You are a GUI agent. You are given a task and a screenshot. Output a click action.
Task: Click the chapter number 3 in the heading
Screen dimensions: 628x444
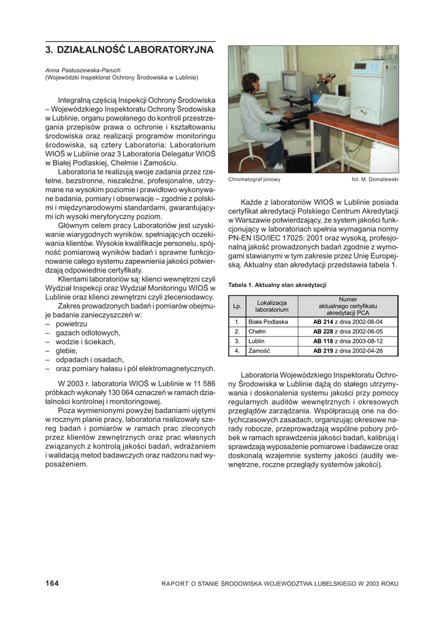48,50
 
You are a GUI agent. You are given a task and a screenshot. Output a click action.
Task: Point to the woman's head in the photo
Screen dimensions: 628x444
251,82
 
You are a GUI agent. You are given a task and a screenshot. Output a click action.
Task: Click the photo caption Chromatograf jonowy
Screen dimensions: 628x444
254,180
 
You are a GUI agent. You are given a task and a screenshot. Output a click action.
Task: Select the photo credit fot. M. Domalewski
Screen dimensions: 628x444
375,180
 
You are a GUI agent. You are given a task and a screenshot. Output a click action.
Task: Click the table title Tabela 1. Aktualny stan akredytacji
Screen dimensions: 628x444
277,285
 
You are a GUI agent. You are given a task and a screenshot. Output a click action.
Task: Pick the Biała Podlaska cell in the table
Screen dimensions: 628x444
268,321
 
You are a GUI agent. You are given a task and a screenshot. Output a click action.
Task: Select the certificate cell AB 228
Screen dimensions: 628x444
323,331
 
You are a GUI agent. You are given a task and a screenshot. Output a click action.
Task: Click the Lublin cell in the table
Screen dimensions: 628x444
257,341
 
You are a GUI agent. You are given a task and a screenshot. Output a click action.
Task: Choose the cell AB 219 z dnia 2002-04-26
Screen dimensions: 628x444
348,351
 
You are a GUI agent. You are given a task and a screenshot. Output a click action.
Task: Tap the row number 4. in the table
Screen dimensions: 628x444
237,351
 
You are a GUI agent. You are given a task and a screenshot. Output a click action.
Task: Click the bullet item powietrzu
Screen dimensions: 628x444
71,324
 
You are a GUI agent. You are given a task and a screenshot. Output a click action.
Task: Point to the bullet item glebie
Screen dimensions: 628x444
66,351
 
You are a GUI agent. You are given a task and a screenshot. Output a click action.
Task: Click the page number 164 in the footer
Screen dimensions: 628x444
52,583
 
